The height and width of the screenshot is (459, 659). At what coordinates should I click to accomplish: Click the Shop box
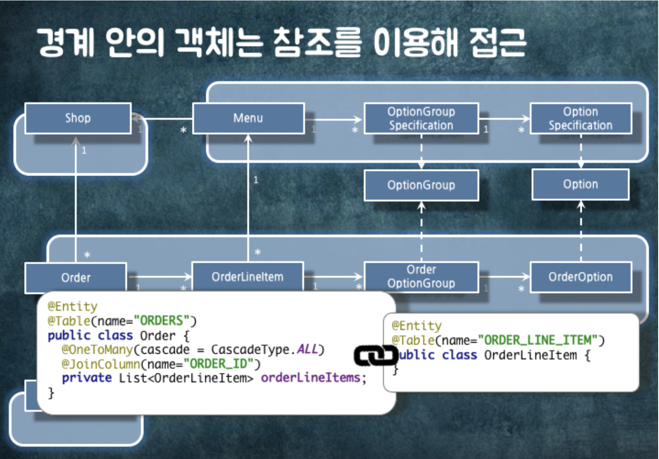tap(78, 118)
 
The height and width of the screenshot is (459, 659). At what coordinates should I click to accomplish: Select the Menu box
tap(248, 118)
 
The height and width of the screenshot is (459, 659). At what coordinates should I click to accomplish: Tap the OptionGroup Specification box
tap(421, 118)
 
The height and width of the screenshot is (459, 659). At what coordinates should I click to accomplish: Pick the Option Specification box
tap(580, 118)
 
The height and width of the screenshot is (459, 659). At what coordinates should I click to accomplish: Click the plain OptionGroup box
tap(421, 185)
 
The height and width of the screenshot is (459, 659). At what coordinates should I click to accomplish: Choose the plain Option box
tap(580, 184)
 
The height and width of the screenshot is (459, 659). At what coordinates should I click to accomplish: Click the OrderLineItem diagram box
tap(247, 276)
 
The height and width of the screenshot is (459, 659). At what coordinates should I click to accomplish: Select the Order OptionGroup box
tap(421, 276)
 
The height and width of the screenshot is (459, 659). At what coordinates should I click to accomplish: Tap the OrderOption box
tap(580, 277)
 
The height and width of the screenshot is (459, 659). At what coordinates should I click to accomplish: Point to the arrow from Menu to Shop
tap(162, 118)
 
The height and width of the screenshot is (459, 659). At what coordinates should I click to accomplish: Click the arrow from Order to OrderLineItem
tap(159, 276)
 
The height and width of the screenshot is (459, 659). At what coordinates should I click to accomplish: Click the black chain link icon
tap(376, 356)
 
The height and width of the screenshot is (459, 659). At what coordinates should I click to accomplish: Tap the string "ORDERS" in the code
tap(165, 321)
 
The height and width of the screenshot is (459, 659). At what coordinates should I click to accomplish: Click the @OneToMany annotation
tap(97, 350)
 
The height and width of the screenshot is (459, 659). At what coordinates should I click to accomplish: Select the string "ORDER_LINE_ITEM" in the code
tap(538, 341)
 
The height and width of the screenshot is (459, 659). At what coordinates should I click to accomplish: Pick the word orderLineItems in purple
tap(311, 377)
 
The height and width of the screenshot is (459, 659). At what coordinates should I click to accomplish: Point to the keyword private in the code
tap(87, 377)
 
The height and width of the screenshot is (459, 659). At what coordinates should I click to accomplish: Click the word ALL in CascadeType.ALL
tap(307, 349)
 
